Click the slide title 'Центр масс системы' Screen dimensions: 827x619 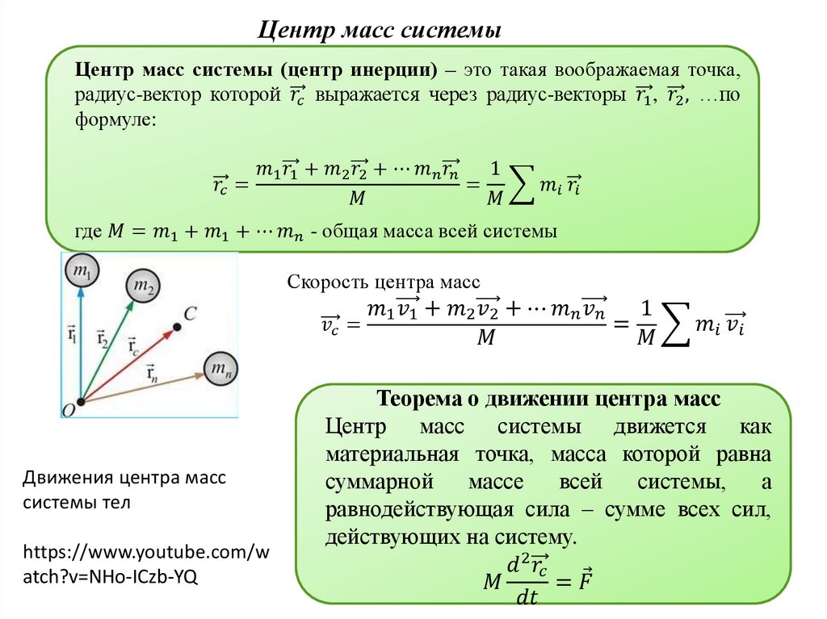point(380,31)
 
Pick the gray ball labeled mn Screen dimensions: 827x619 point(220,370)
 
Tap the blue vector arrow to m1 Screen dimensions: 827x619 point(80,339)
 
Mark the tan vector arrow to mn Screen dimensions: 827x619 point(141,387)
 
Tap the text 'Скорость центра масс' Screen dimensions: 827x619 point(384,282)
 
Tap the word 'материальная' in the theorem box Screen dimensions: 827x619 point(393,454)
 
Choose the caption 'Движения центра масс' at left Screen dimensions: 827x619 point(124,477)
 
